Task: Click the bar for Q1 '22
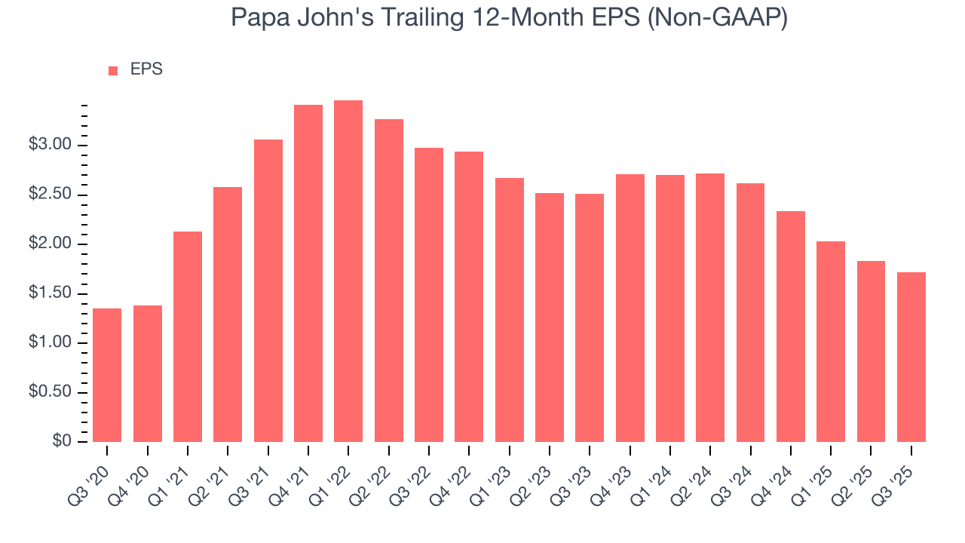click(x=348, y=271)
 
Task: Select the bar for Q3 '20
click(x=107, y=375)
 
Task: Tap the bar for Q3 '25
click(x=911, y=357)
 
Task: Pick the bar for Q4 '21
click(x=308, y=273)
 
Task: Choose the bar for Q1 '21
click(x=188, y=336)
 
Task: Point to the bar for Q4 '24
click(x=791, y=327)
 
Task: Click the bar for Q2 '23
click(x=550, y=318)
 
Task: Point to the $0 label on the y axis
click(x=62, y=441)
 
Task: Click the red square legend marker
click(x=113, y=70)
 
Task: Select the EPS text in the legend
click(x=146, y=69)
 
